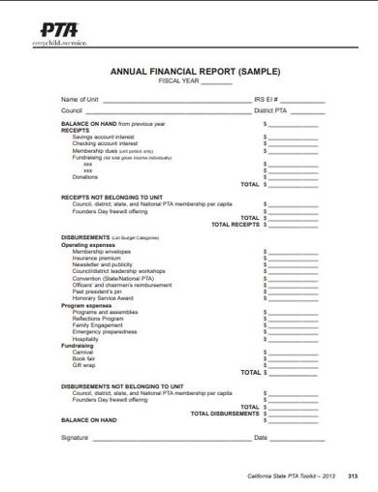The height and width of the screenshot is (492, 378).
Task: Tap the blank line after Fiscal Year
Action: pos(217,81)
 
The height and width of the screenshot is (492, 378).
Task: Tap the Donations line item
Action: pos(84,177)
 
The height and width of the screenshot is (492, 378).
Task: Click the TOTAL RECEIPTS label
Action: pos(235,224)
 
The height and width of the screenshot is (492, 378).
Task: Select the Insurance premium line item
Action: pos(96,259)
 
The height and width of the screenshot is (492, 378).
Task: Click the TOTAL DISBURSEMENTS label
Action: pos(224,413)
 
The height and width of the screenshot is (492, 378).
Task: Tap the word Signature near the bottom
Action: pos(75,438)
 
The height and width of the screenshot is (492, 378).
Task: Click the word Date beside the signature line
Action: pos(260,438)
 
